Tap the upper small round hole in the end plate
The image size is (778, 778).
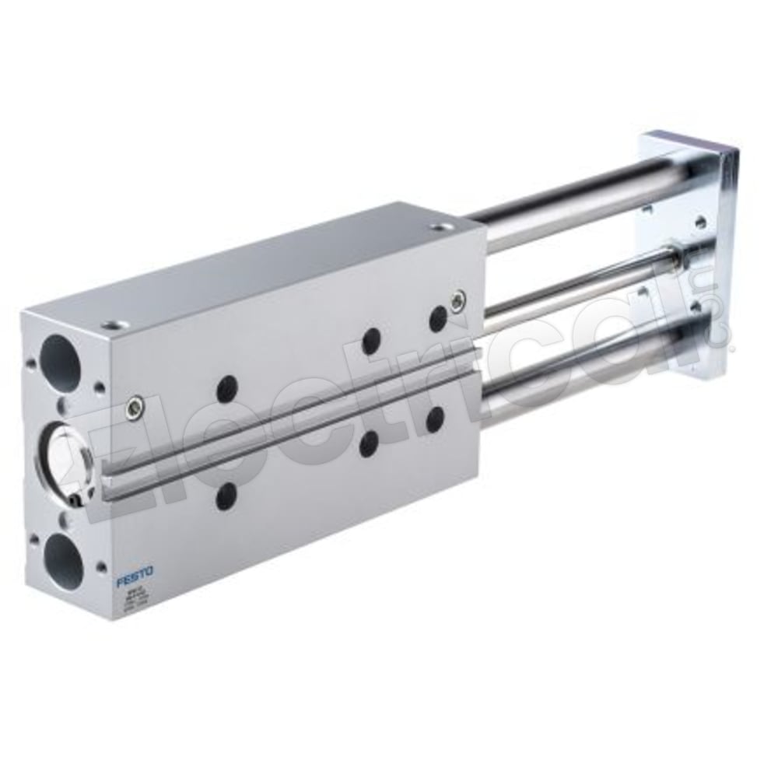pos(700,222)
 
